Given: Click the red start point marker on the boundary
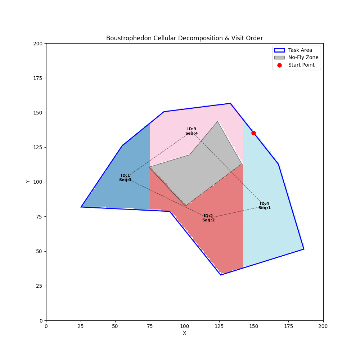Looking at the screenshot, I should (x=253, y=133).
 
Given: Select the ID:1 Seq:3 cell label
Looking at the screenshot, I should (x=125, y=178).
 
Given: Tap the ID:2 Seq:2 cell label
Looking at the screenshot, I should (x=208, y=218).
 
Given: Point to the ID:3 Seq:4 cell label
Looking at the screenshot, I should (x=192, y=131).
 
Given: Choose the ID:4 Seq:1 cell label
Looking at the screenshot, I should (x=265, y=206).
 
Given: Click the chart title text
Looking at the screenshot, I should (x=184, y=38).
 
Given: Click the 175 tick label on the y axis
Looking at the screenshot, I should (x=38, y=78).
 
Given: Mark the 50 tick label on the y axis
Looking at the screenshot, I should (x=40, y=251).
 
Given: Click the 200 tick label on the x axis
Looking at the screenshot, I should (x=323, y=326).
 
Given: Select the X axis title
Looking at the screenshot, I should (x=184, y=333).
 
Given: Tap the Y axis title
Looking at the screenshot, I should (x=28, y=182).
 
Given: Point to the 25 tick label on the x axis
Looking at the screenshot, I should (x=81, y=326).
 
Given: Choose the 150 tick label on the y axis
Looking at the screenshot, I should (x=38, y=113).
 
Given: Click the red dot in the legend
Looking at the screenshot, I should (x=279, y=65).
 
